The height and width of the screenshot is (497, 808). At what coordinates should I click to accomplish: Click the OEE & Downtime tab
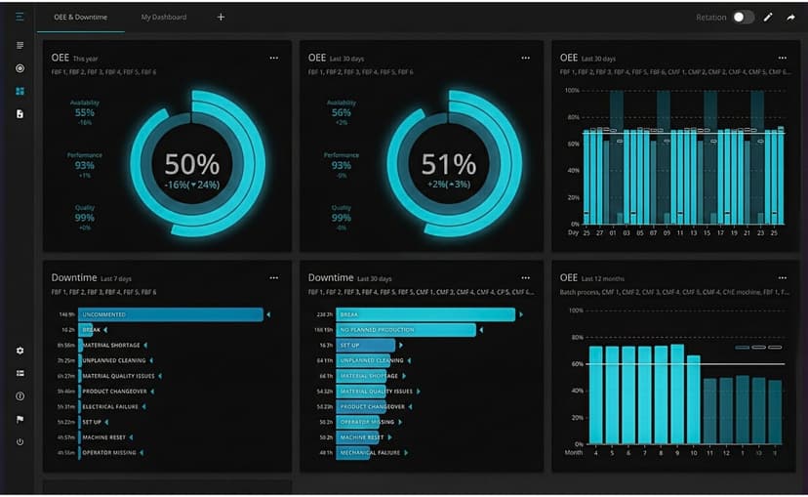click(80, 18)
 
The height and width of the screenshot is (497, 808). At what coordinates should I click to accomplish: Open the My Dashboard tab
click(163, 18)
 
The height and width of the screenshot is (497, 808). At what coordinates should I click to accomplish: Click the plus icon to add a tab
click(221, 18)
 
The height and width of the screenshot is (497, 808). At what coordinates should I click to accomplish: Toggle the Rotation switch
click(744, 18)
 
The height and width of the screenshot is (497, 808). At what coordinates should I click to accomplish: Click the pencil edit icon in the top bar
click(768, 18)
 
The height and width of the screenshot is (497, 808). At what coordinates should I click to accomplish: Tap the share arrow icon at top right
click(790, 18)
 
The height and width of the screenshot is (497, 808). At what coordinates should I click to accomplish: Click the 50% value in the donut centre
click(191, 164)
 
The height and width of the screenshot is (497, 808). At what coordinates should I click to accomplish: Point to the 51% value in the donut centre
click(449, 164)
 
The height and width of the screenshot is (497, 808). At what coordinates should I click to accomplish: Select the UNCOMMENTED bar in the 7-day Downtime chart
click(171, 314)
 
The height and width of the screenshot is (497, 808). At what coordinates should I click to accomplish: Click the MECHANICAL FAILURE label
click(371, 453)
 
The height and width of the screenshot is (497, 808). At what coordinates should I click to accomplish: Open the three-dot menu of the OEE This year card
click(274, 58)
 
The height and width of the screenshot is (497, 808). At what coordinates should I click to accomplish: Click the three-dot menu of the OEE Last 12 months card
click(782, 278)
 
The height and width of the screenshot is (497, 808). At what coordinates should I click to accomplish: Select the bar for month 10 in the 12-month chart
click(694, 401)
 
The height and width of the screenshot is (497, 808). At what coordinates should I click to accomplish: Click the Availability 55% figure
click(85, 112)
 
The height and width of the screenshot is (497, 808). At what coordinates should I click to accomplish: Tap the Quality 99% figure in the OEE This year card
click(85, 217)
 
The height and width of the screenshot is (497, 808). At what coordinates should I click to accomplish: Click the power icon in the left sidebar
click(20, 442)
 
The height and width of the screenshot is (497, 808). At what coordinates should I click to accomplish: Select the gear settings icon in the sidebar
click(20, 351)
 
